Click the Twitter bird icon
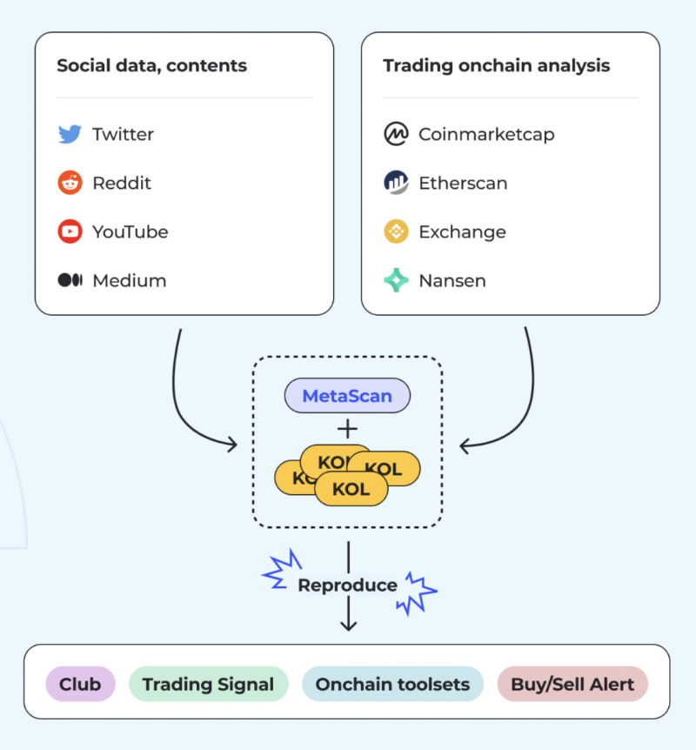click(70, 135)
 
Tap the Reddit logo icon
click(70, 184)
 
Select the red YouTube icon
click(70, 232)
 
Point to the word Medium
click(129, 281)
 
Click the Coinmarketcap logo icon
click(396, 135)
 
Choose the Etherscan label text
click(463, 184)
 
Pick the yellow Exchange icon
click(396, 232)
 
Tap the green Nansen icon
click(396, 281)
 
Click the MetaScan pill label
click(347, 396)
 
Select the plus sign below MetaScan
click(347, 428)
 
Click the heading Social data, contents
click(151, 66)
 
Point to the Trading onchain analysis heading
click(496, 66)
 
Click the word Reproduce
click(347, 586)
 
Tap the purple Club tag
click(80, 685)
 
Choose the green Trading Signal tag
click(208, 685)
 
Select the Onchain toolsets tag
click(392, 685)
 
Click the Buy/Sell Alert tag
click(572, 685)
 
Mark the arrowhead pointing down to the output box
click(348, 625)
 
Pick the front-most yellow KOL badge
click(351, 489)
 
